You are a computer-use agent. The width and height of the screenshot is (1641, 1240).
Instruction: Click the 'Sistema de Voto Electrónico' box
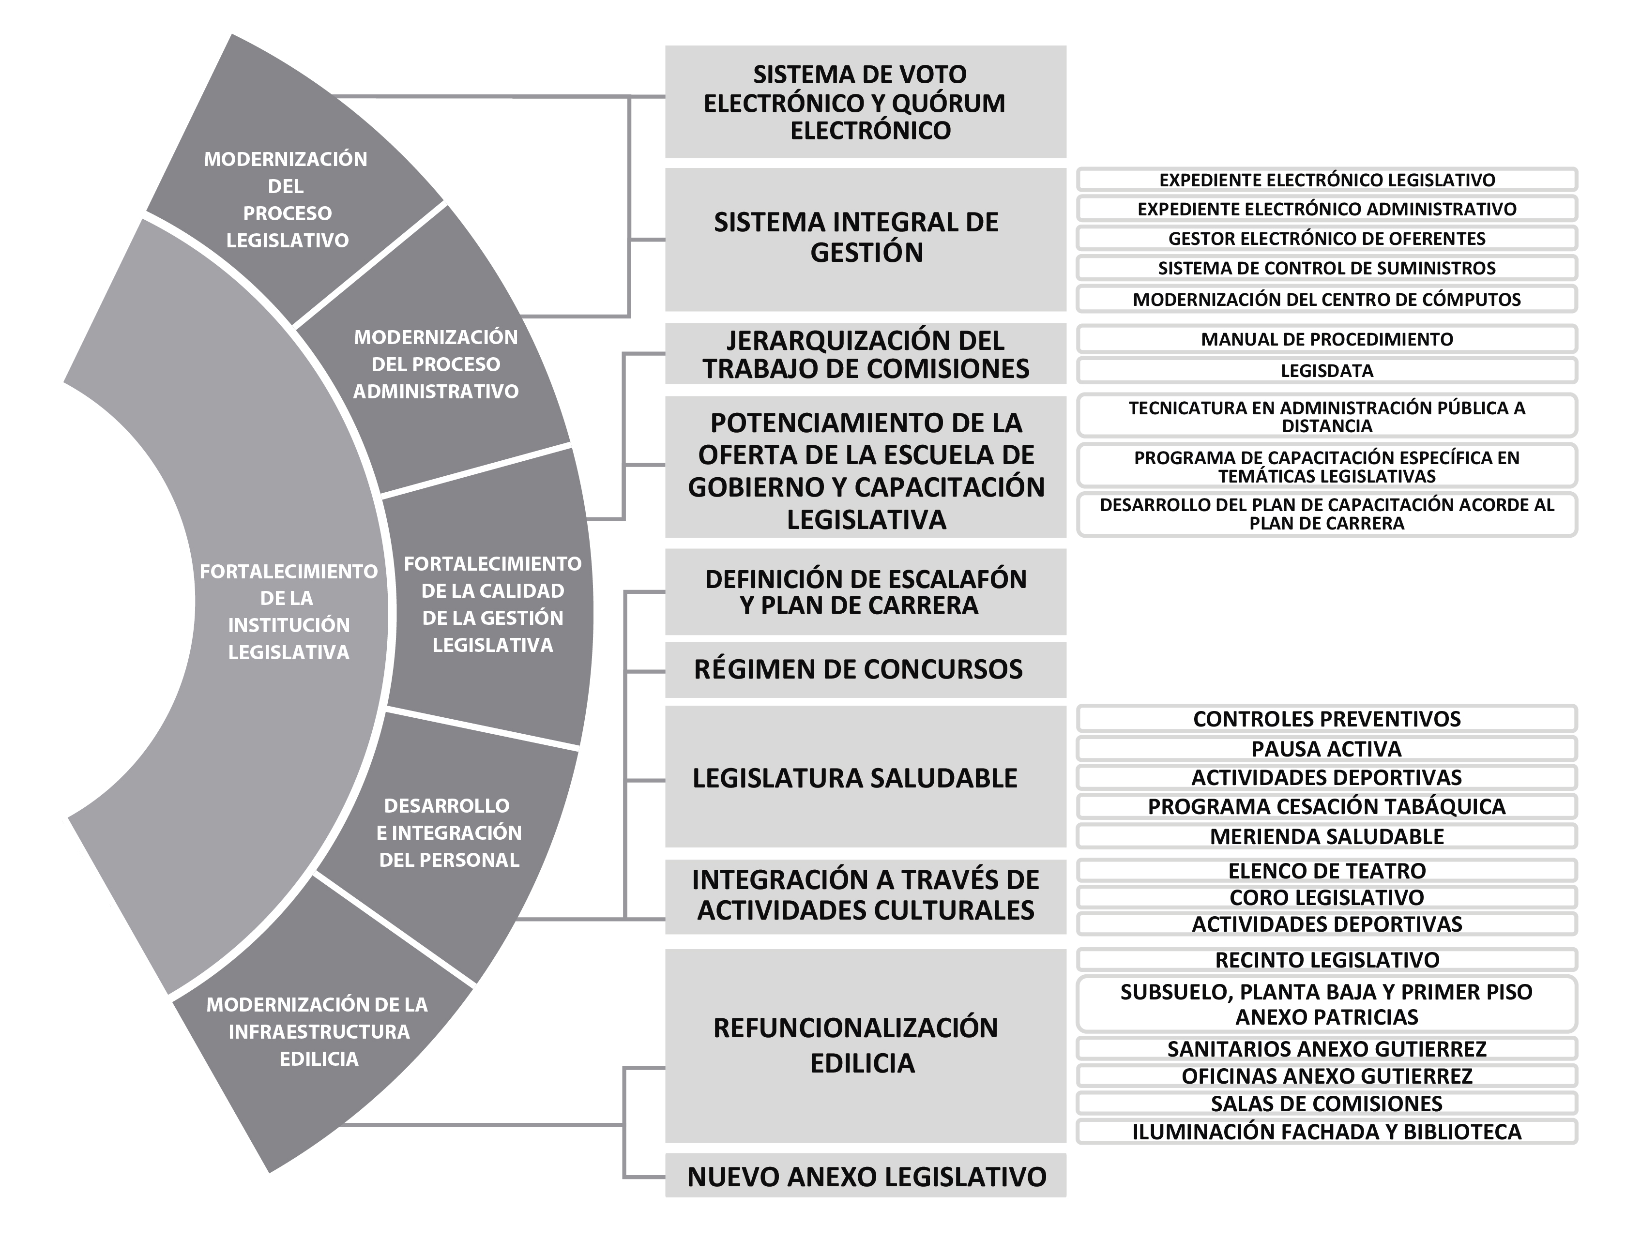[865, 102]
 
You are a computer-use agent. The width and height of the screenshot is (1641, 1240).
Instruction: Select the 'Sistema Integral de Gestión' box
[865, 240]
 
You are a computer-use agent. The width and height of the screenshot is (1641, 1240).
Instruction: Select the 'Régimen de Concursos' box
[865, 670]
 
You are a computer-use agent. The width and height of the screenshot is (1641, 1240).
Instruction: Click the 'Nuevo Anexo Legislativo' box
[865, 1176]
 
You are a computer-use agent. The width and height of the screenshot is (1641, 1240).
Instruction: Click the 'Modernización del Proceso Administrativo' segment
[438, 356]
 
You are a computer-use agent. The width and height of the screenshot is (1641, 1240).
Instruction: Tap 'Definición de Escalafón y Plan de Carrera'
[865, 592]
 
